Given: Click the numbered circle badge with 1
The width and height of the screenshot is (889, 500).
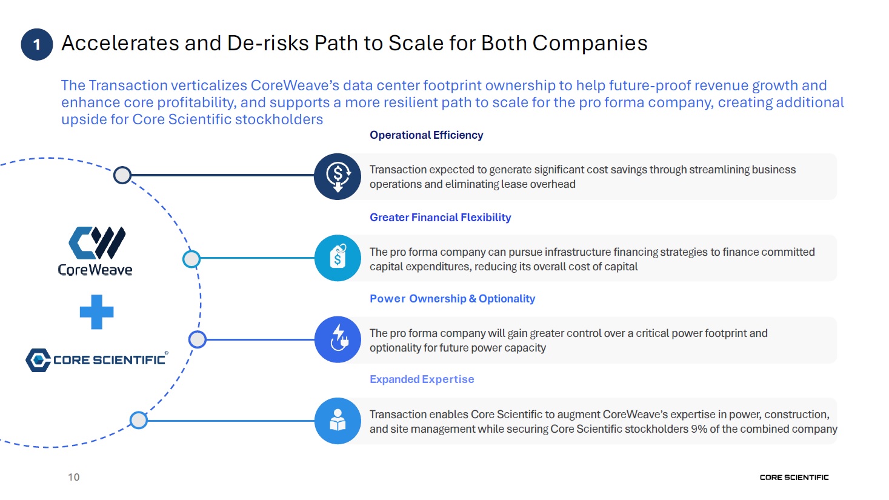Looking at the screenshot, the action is (x=37, y=44).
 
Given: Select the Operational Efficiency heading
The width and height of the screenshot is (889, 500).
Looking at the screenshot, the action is (x=426, y=135).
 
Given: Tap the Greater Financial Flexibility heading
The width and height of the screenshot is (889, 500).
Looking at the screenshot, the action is (x=440, y=218).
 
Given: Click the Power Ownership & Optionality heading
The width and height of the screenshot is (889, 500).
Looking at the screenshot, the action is (x=452, y=298).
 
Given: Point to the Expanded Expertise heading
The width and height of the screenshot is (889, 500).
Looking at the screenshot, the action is (x=422, y=379).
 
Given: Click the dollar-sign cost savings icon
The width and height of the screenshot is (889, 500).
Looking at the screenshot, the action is (x=338, y=176).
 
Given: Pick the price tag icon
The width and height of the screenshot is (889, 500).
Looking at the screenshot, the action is (x=338, y=258).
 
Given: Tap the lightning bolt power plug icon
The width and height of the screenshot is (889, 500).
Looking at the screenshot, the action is (x=338, y=339).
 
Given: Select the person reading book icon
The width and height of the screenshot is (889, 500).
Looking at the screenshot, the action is (x=338, y=421).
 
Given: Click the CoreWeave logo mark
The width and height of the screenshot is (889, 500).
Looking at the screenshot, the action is (x=97, y=242).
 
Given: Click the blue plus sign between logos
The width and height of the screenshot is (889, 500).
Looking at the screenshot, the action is (x=96, y=312).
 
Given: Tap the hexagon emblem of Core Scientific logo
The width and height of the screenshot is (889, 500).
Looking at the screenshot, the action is (x=38, y=361).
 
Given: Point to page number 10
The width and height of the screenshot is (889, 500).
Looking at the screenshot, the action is (x=73, y=477).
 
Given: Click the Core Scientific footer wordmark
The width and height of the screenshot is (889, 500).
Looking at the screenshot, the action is (x=794, y=478).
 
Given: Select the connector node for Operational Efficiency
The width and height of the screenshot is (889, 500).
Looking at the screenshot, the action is (x=122, y=175).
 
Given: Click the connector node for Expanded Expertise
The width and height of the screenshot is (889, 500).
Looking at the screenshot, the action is (x=139, y=420).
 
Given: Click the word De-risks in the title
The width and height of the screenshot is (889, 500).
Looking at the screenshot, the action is (x=268, y=43).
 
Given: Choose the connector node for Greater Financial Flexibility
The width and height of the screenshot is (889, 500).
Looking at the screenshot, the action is (x=191, y=259).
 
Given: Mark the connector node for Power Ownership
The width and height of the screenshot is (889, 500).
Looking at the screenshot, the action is (x=197, y=339).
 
